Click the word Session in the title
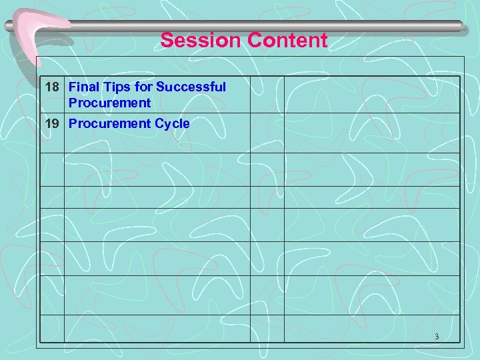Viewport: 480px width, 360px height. tap(201, 41)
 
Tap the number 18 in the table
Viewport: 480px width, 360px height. tap(52, 87)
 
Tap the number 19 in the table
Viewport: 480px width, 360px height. tap(52, 124)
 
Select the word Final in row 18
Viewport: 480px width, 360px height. tap(83, 87)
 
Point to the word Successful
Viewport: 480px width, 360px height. tap(191, 87)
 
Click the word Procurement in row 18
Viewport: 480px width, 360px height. tap(109, 103)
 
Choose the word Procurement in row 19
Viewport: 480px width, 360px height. tap(109, 124)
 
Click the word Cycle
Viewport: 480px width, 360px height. tap(172, 124)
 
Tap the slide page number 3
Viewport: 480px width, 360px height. tap(437, 337)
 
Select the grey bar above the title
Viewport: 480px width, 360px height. tap(267, 26)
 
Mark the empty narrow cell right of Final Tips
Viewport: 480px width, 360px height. tap(267, 95)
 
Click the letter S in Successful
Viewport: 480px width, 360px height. tap(160, 87)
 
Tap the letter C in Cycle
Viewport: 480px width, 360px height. tap(159, 124)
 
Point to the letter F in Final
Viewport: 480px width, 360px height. tap(73, 87)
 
